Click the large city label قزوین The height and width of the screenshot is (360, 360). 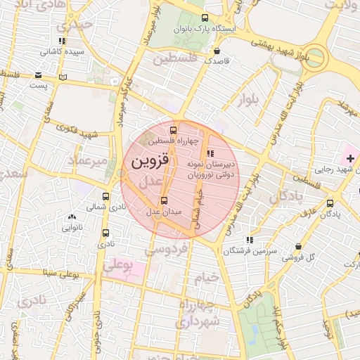[150, 160]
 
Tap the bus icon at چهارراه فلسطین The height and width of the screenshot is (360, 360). [174, 130]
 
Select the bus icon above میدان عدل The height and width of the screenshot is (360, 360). [165, 200]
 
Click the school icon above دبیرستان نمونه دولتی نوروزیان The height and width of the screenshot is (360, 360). [209, 154]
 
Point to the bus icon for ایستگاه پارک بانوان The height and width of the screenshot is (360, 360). [205, 18]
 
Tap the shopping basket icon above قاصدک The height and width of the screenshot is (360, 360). [217, 51]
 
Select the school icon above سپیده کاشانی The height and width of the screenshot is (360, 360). [63, 41]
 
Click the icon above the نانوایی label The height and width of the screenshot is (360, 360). [72, 217]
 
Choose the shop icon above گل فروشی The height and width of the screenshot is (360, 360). [300, 247]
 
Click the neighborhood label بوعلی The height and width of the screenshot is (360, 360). [117, 265]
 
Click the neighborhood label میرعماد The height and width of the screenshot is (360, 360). [87, 162]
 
